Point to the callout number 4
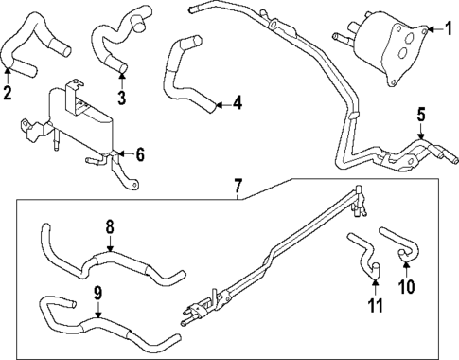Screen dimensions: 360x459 (237, 103)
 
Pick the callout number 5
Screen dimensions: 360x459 (420, 117)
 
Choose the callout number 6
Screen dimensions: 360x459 (139, 153)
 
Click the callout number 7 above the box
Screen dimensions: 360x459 (238, 186)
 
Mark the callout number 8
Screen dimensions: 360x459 (109, 227)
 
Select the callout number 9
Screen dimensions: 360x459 (98, 292)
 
